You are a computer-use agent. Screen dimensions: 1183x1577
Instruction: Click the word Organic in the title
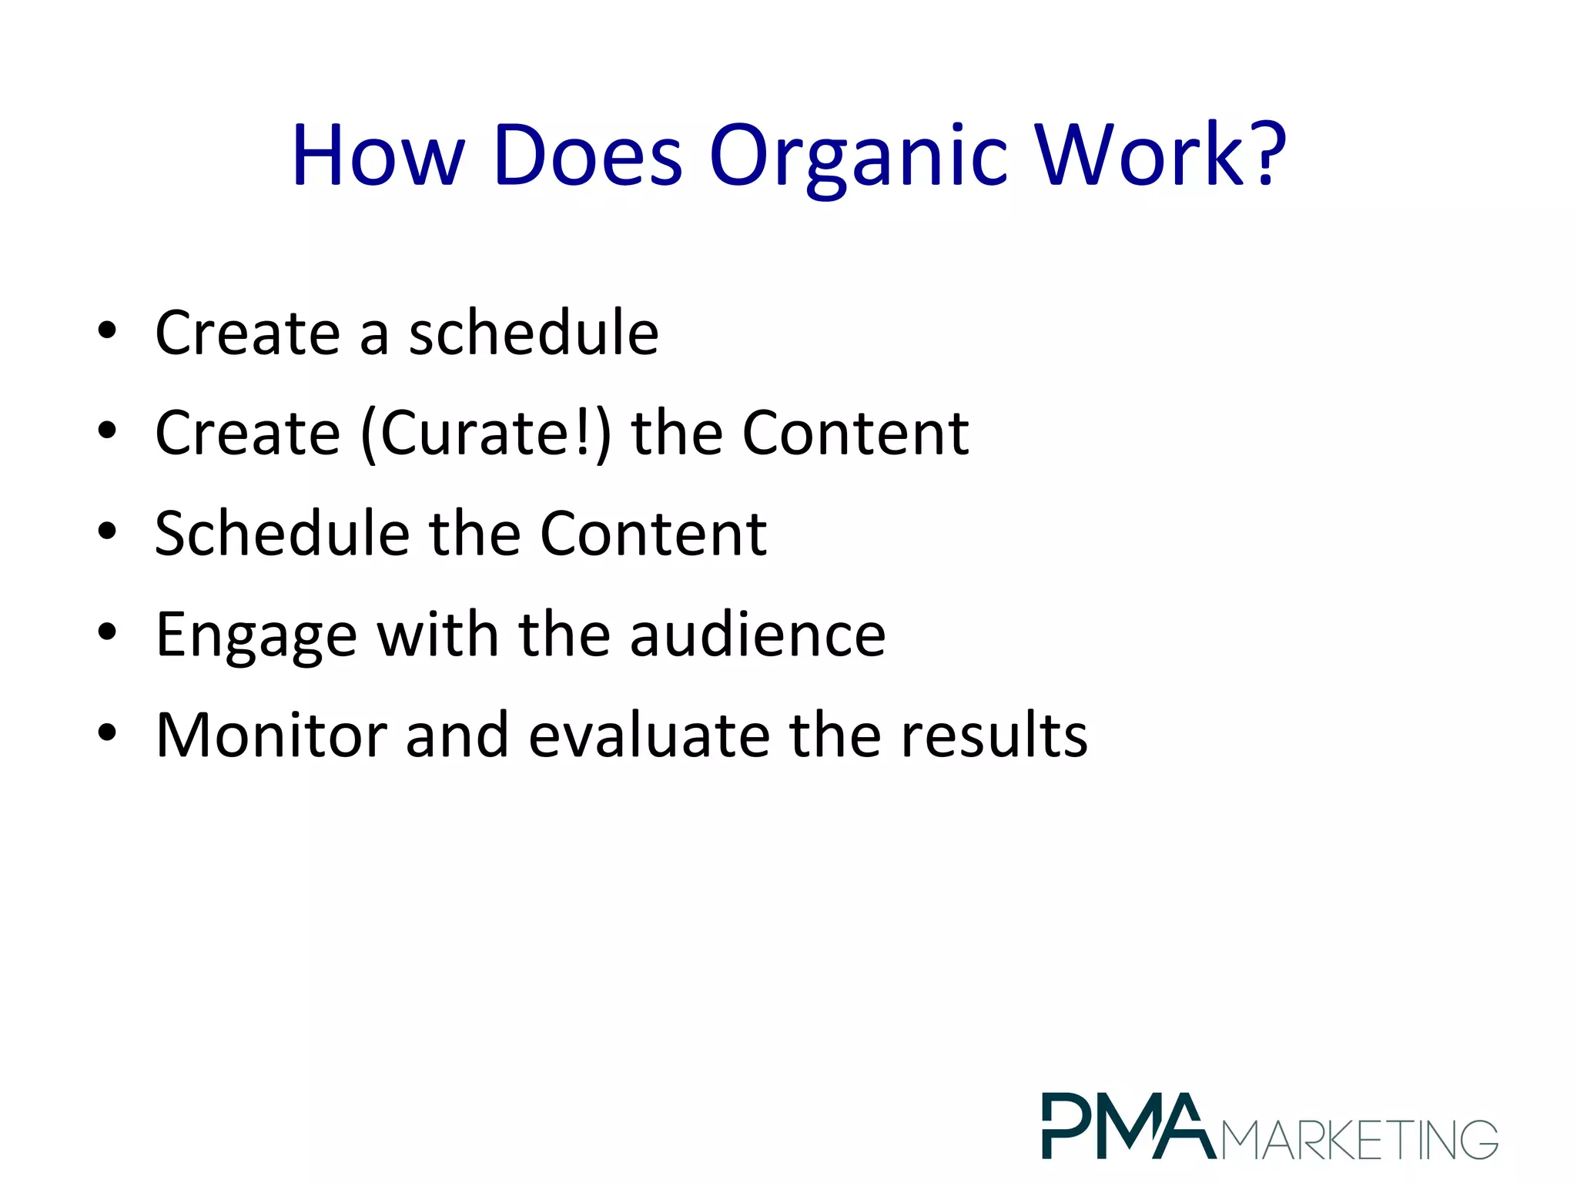(x=858, y=158)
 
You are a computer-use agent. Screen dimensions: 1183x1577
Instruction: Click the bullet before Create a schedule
(x=107, y=332)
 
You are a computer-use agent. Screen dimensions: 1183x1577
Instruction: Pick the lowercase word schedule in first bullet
(x=533, y=333)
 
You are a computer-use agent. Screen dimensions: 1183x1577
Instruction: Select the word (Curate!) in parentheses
(x=486, y=434)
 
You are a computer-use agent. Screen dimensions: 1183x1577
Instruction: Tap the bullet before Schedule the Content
(x=107, y=532)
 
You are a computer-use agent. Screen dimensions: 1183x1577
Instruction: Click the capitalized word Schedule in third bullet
(x=282, y=533)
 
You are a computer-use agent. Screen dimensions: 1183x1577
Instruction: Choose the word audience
(x=758, y=635)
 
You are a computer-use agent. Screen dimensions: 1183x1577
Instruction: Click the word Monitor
(x=270, y=735)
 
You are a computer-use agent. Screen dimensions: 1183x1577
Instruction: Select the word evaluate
(x=649, y=735)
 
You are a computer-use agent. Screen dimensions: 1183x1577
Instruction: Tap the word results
(x=994, y=735)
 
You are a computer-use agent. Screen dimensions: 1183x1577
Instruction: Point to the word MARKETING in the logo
(x=1360, y=1140)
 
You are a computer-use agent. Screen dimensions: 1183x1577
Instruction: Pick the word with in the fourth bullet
(x=437, y=635)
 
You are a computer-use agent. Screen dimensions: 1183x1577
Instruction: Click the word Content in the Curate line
(x=855, y=434)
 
